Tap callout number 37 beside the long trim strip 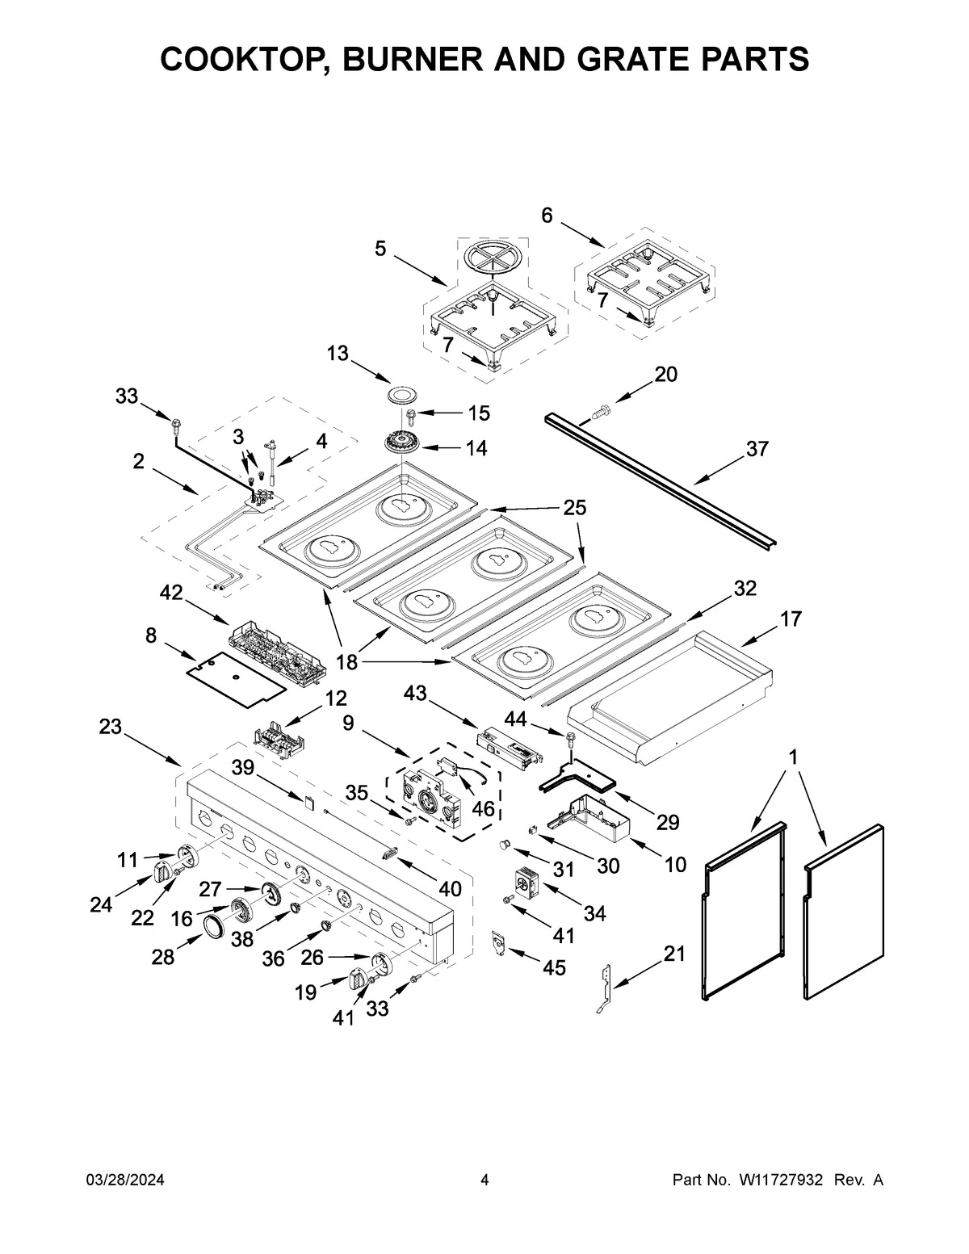pos(757,449)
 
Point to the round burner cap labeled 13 pos(399,394)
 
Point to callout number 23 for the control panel pos(111,727)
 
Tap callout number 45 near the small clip pos(554,967)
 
